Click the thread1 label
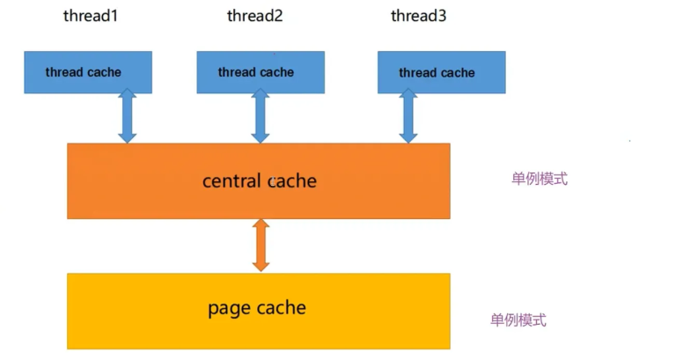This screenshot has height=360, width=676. [x=91, y=16]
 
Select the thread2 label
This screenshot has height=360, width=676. [x=254, y=16]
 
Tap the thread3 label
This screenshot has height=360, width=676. [x=418, y=16]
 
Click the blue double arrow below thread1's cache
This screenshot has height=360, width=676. [x=128, y=116]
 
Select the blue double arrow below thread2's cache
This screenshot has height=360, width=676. [x=260, y=116]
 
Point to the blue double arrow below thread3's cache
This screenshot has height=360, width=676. [x=408, y=116]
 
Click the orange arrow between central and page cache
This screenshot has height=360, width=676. [x=260, y=246]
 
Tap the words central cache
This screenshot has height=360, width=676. [x=259, y=181]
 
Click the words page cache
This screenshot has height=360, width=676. [x=257, y=308]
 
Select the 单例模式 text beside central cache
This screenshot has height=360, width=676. [x=540, y=179]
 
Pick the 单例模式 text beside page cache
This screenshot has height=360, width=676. [x=518, y=320]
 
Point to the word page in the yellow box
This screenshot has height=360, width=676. [x=229, y=309]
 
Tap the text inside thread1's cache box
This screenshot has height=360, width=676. [x=84, y=72]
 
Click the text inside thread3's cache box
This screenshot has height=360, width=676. [x=437, y=73]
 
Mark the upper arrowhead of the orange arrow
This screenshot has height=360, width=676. [x=260, y=226]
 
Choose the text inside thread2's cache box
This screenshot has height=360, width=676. [x=256, y=72]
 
